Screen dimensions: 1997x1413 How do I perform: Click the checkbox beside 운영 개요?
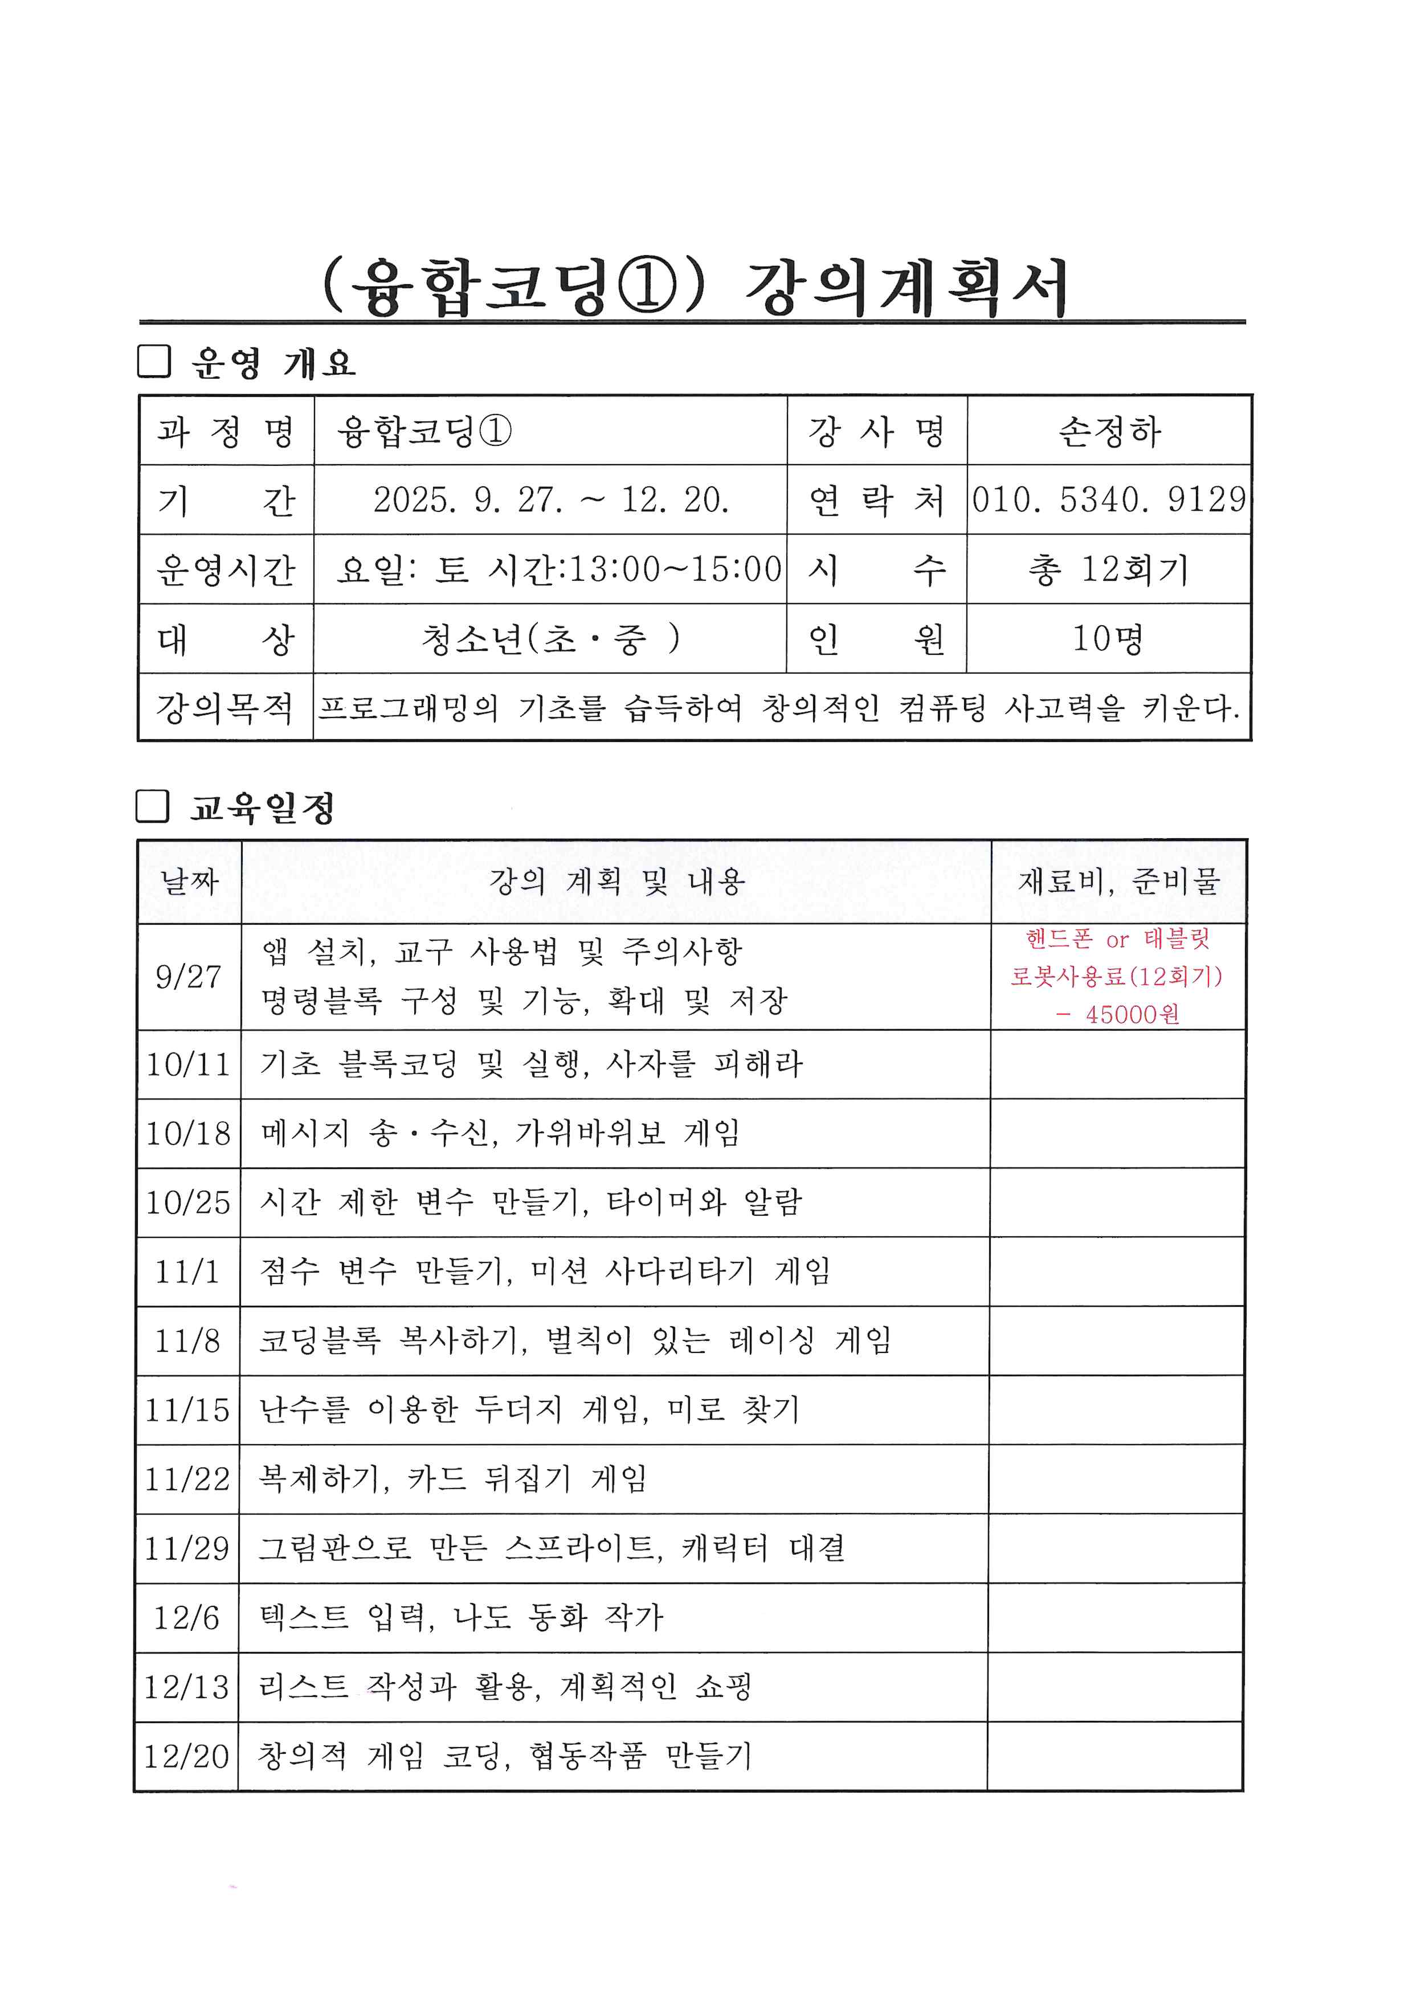[154, 361]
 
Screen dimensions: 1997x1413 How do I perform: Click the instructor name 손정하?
[1109, 432]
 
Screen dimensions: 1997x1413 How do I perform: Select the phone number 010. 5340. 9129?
[1109, 499]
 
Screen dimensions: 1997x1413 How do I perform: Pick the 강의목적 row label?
[226, 707]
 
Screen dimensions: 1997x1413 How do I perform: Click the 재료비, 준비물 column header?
[1119, 882]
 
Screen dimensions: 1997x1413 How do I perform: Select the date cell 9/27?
[189, 977]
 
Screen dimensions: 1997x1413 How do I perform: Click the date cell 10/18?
[188, 1133]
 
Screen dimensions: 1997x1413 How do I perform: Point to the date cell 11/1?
[187, 1272]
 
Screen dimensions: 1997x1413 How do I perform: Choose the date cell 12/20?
[186, 1756]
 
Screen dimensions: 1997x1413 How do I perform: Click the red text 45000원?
[1132, 1014]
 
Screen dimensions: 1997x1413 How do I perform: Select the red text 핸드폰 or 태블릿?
[1117, 940]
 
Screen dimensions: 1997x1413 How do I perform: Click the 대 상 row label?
[226, 639]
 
